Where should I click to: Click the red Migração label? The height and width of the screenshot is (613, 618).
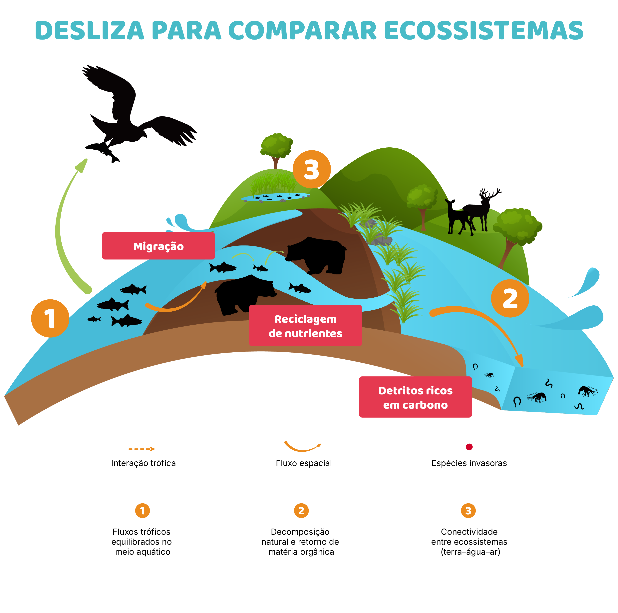(x=158, y=246)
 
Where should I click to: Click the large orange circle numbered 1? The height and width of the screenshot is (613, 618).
(x=50, y=318)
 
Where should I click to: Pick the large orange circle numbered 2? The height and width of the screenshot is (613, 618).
(x=510, y=298)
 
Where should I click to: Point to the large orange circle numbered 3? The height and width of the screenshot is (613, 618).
(x=312, y=169)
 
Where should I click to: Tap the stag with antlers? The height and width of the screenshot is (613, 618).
(x=480, y=209)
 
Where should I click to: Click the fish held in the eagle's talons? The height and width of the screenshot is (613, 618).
(x=104, y=150)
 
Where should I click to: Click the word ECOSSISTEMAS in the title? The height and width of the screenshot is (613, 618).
(x=484, y=31)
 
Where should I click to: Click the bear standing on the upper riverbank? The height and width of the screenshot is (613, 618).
(x=317, y=254)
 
